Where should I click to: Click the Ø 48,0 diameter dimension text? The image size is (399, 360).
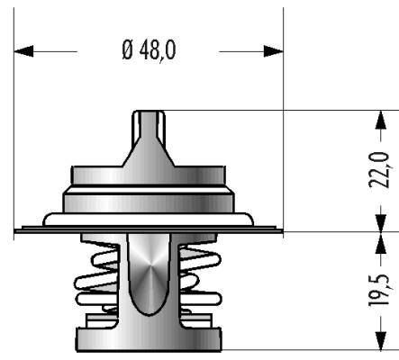(150, 50)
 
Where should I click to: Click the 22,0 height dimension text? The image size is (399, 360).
(379, 170)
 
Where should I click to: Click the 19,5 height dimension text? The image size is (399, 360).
(379, 290)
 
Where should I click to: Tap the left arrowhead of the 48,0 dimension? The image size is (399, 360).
(23, 51)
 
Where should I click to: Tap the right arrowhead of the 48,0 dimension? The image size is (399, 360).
(274, 51)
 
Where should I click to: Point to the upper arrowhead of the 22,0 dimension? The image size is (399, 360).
(381, 120)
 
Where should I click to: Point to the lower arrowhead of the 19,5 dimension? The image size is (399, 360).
(381, 340)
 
